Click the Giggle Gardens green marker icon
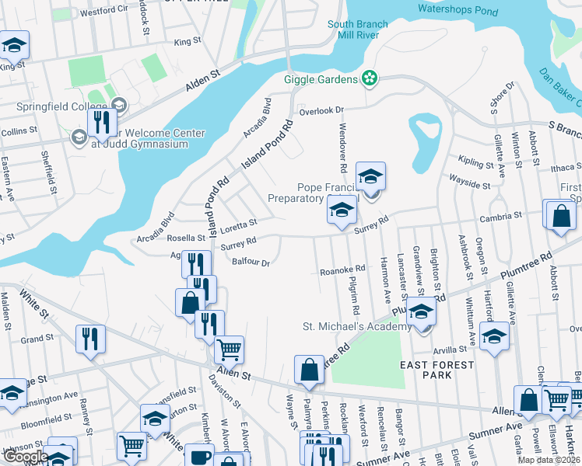pyautogui.click(x=370, y=78)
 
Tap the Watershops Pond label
pyautogui.click(x=458, y=9)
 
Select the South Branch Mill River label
pyautogui.click(x=358, y=30)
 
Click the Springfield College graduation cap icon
pyautogui.click(x=119, y=105)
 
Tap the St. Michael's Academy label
pyautogui.click(x=356, y=327)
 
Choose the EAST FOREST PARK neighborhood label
pyautogui.click(x=437, y=370)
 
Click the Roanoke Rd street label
pyautogui.click(x=342, y=270)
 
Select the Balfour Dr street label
pyautogui.click(x=251, y=263)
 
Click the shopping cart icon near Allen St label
pyautogui.click(x=229, y=349)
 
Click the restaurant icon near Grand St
pyautogui.click(x=90, y=339)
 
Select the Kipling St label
pyautogui.click(x=472, y=162)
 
